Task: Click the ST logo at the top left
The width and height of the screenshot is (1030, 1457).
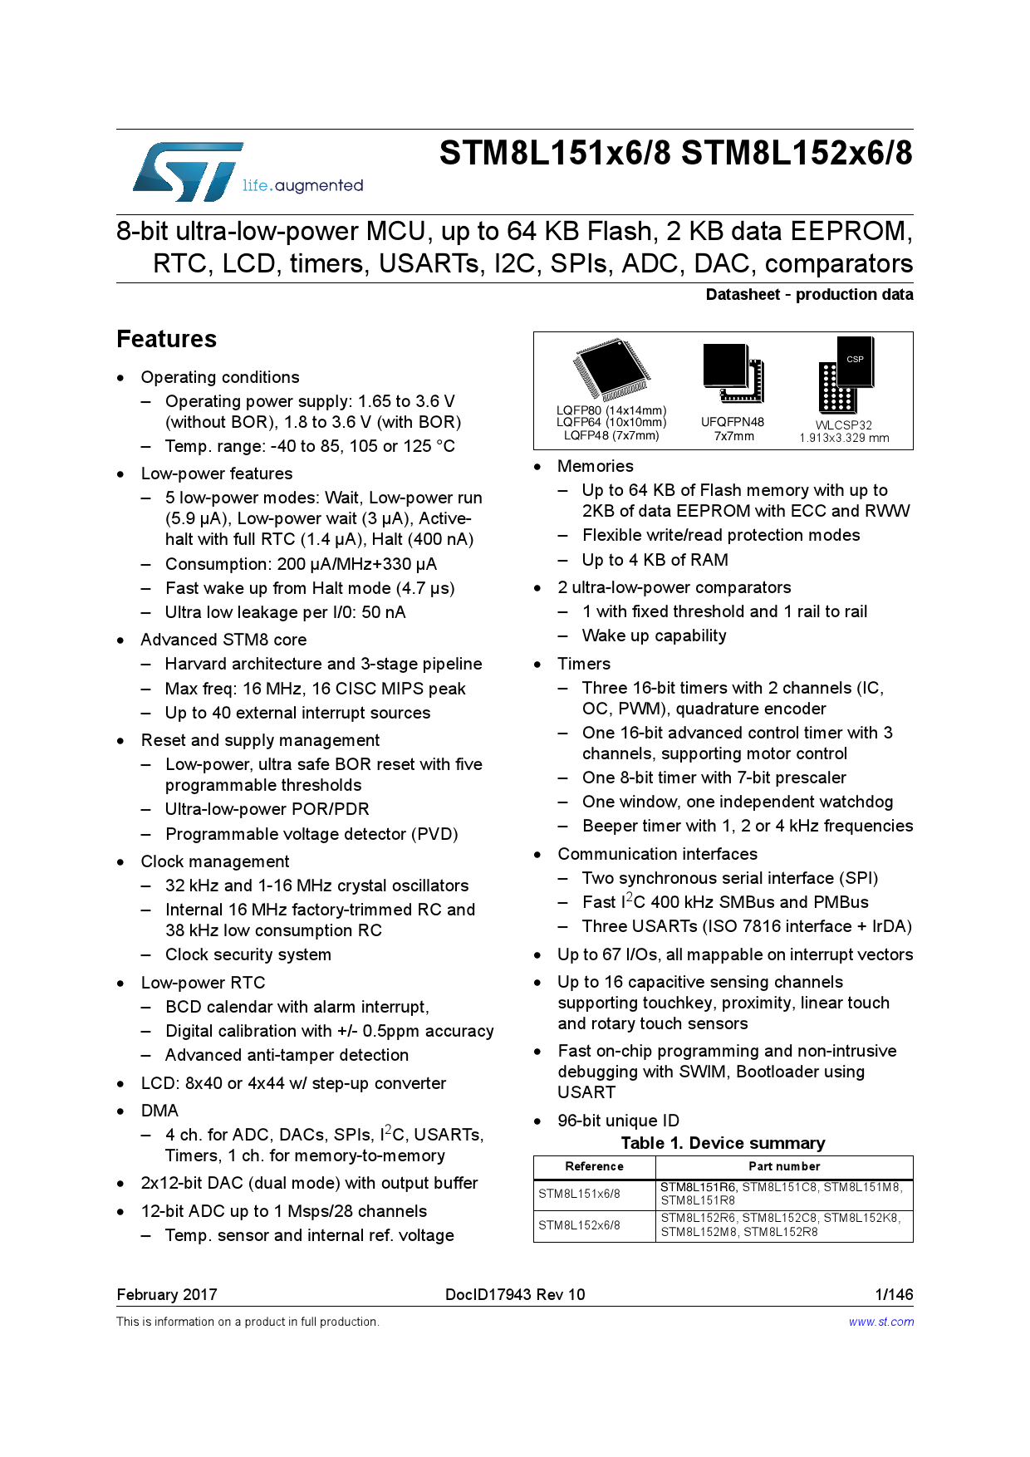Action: [188, 172]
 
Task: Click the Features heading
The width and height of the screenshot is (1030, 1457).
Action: [166, 339]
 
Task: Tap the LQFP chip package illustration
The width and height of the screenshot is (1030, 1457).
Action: [611, 370]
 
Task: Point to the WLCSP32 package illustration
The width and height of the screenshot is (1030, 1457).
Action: [846, 375]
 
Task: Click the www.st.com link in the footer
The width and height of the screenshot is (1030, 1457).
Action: [880, 1322]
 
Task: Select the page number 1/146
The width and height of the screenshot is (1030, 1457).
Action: [894, 1294]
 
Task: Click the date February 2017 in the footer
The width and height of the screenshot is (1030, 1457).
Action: [167, 1294]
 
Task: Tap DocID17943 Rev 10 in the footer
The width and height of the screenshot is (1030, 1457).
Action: [515, 1294]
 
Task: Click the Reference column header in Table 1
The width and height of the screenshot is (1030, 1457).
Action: [594, 1166]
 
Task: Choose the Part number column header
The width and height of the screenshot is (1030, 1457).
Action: [784, 1166]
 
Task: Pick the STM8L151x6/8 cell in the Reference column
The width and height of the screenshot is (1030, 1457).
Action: [579, 1194]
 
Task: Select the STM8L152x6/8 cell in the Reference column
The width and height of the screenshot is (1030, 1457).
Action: [579, 1225]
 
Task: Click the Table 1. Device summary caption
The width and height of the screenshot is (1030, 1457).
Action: [723, 1143]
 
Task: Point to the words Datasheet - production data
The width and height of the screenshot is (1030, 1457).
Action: [809, 295]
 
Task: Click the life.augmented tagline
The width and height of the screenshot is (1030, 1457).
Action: [302, 186]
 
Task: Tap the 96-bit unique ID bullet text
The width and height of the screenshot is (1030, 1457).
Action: [618, 1121]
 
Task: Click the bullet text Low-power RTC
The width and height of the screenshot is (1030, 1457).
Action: [203, 983]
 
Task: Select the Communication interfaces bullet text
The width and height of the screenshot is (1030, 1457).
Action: [657, 854]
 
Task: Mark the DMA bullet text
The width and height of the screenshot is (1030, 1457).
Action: [159, 1111]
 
